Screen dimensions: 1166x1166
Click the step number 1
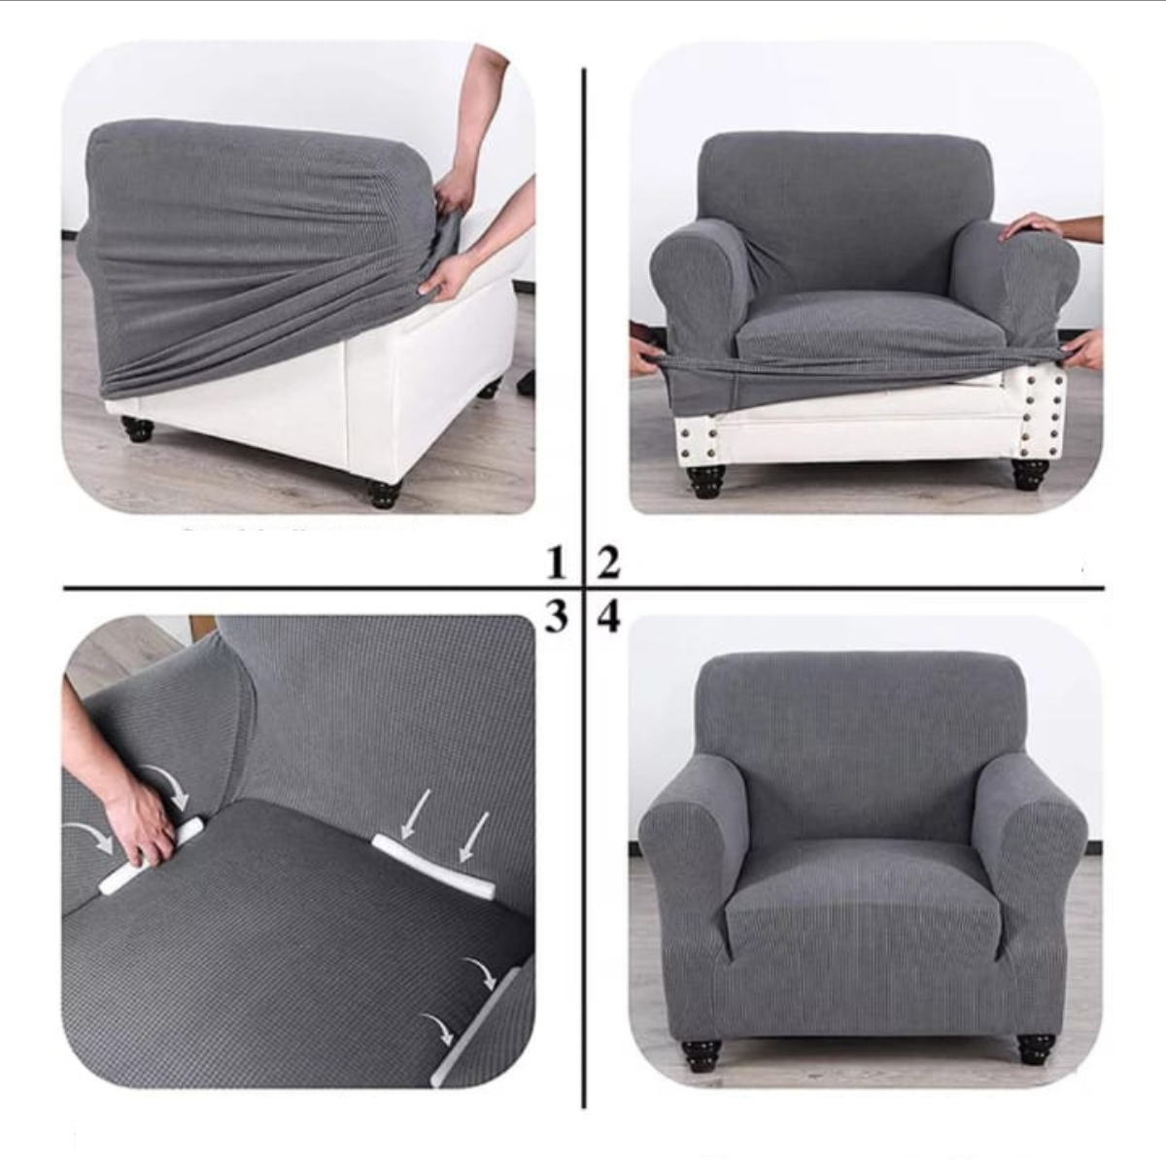tap(556, 562)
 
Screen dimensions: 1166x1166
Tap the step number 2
tap(608, 563)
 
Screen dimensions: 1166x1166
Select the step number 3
tap(557, 615)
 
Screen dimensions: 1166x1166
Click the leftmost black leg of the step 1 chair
tap(137, 429)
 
